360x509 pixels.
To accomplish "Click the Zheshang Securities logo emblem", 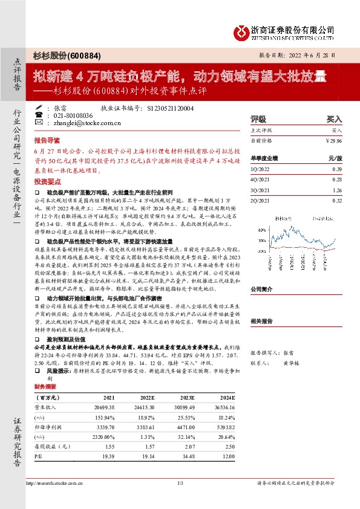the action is point(243,31).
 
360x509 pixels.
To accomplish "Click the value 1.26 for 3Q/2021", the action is point(337,189).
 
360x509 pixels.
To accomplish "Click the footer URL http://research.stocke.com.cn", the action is point(53,500).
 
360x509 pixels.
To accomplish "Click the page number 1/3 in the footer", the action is point(180,500).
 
